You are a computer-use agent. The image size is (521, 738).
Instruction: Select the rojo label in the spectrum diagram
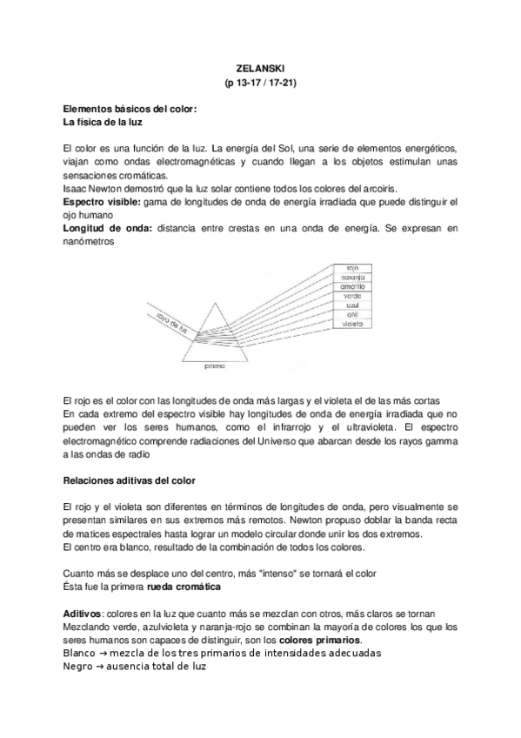[x=352, y=268]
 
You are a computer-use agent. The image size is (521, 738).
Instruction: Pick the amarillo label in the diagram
[x=352, y=286]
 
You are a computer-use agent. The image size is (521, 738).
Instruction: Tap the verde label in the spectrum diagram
[x=352, y=296]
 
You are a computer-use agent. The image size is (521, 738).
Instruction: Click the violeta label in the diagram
[x=352, y=323]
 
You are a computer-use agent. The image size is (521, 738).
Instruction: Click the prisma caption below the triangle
[x=214, y=367]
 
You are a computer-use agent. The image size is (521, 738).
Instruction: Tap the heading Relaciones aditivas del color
[x=129, y=480]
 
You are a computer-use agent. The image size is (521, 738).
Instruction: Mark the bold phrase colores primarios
[x=325, y=640]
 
